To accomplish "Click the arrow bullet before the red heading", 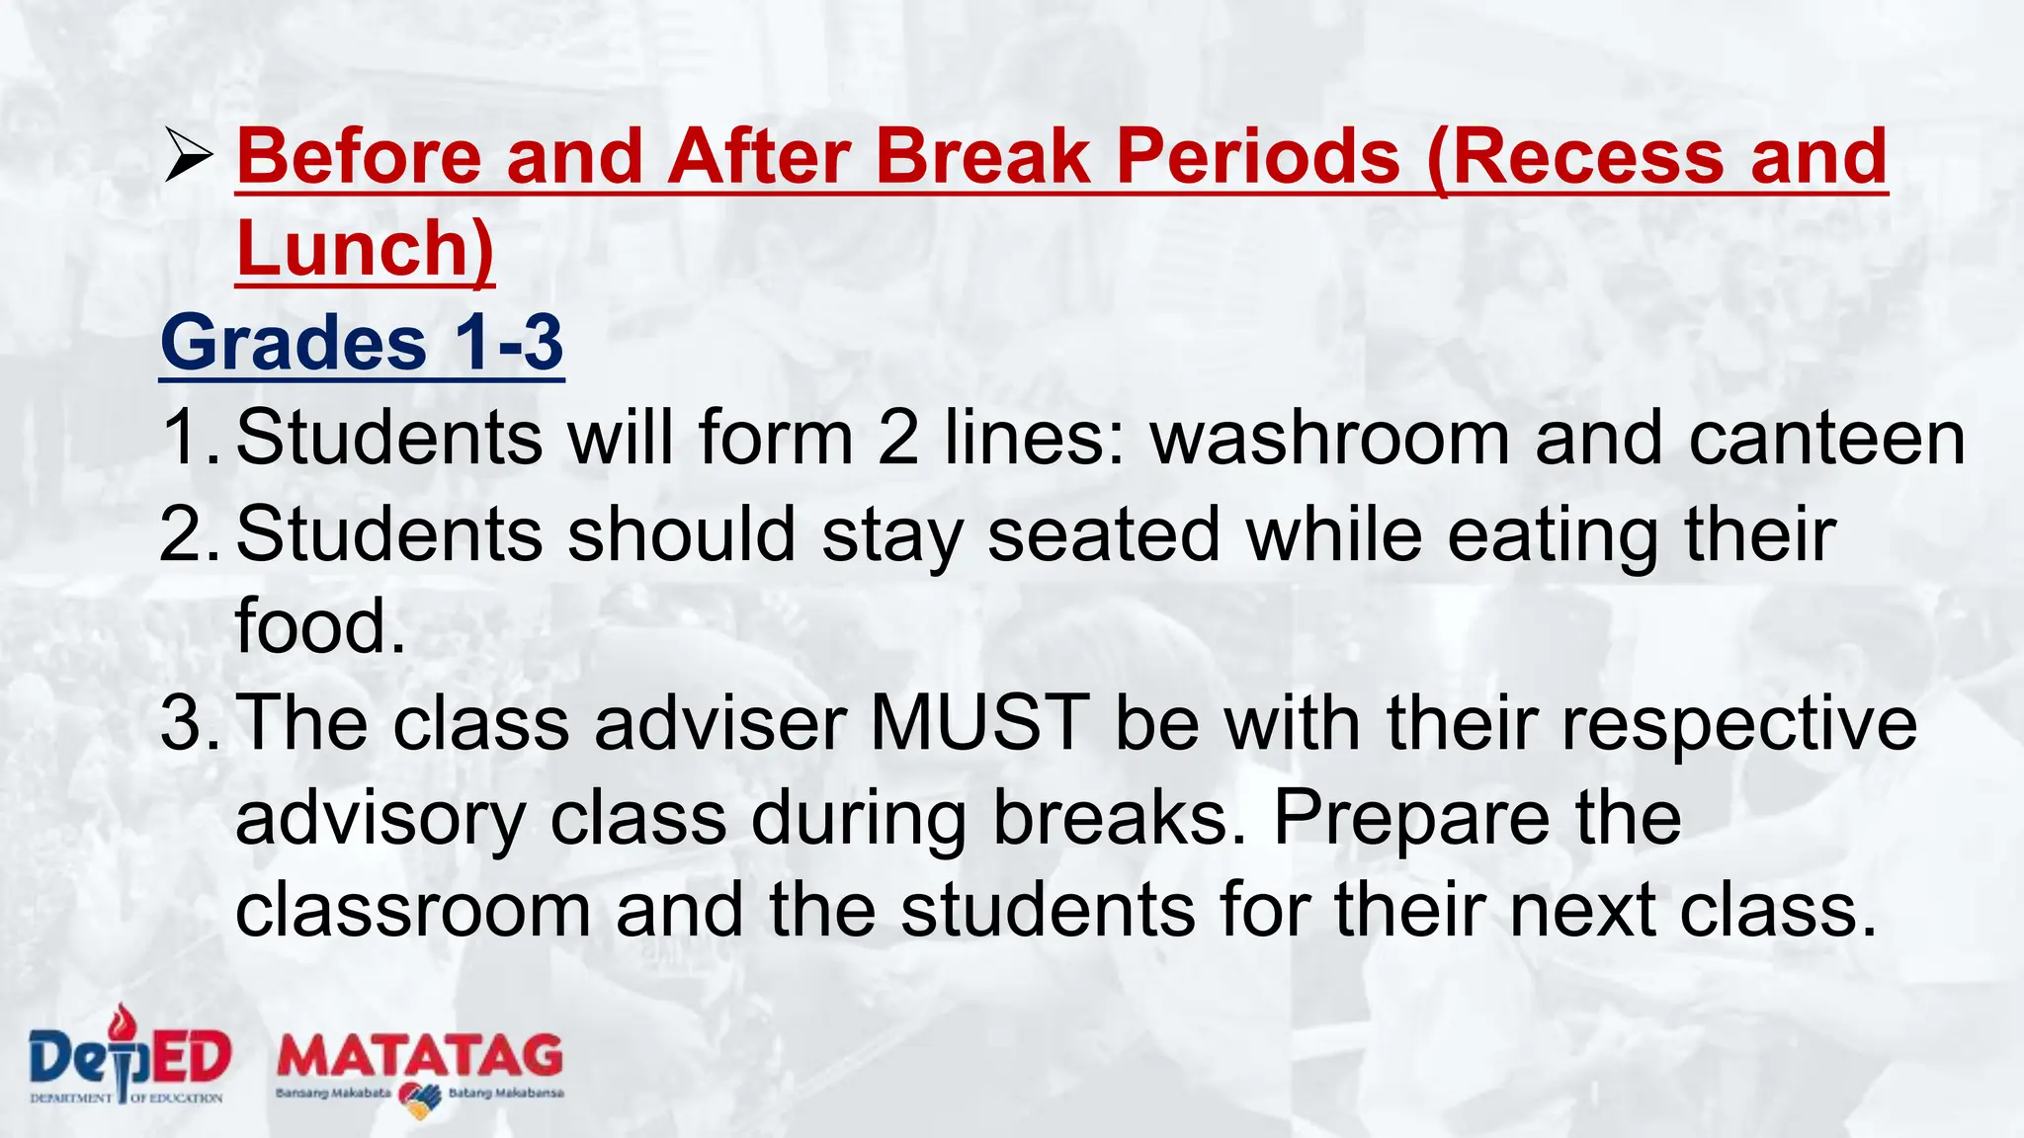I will coord(189,158).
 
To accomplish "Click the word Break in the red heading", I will coord(982,156).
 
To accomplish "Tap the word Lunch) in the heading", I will coord(365,248).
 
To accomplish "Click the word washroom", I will coord(1330,438).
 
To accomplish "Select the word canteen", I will coord(1826,438).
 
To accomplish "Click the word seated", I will coord(1104,533).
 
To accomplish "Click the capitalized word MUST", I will coord(979,723).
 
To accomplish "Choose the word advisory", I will coord(380,819).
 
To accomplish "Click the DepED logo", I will coord(129,1055).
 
